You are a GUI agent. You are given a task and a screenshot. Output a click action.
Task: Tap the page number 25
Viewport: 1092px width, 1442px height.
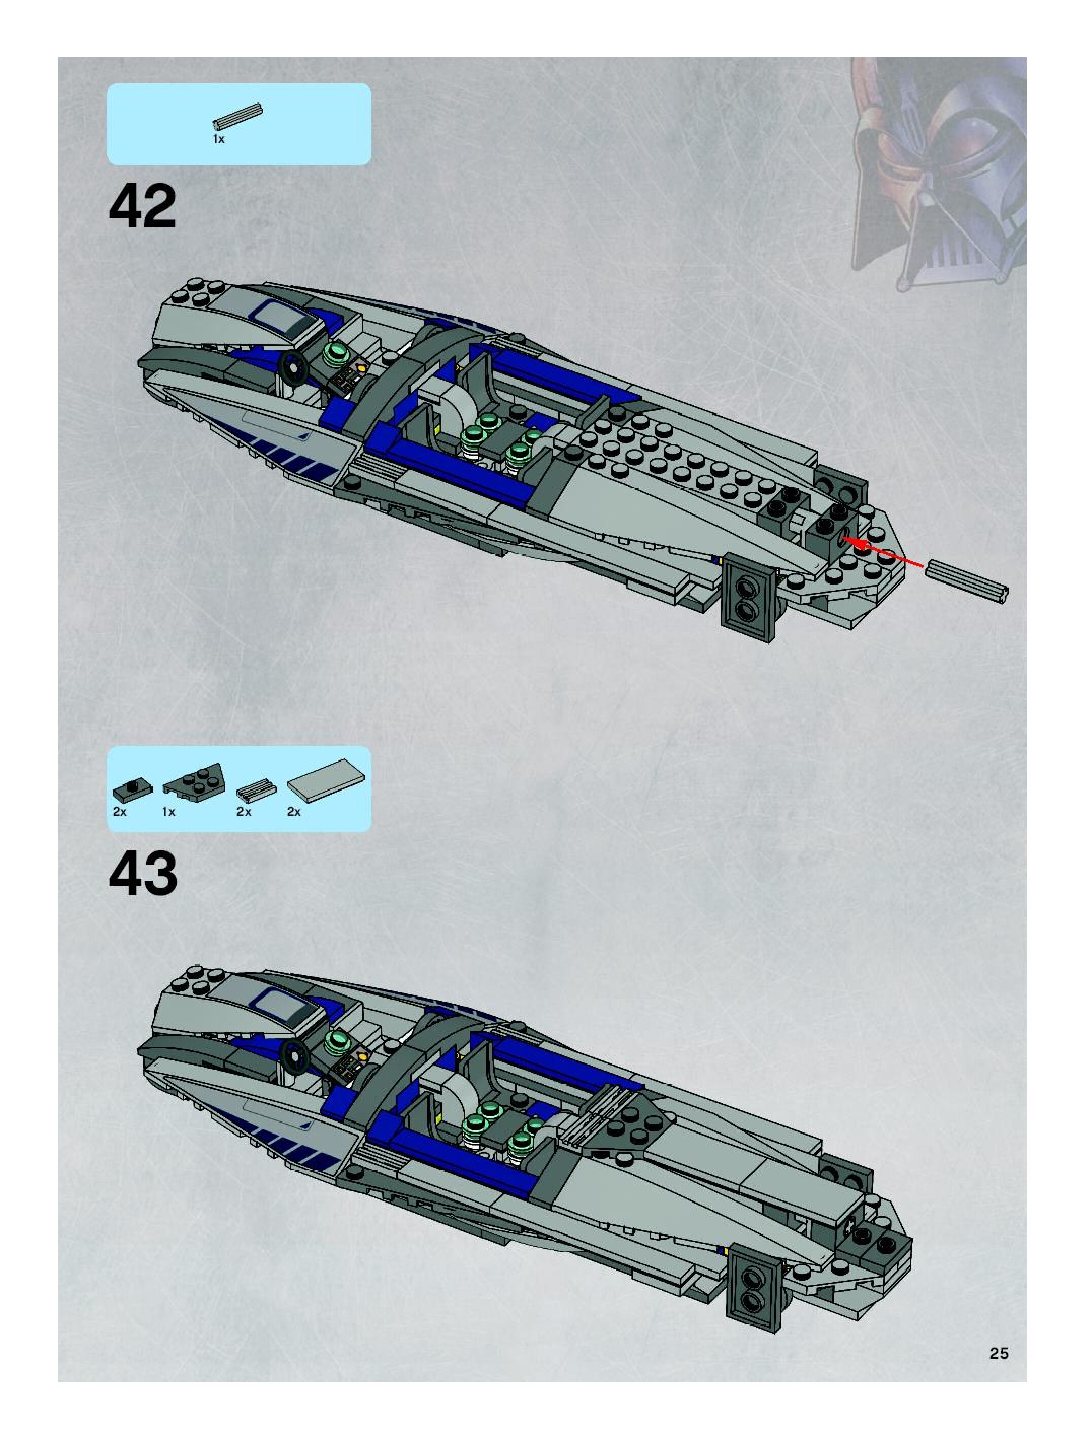[x=998, y=1353]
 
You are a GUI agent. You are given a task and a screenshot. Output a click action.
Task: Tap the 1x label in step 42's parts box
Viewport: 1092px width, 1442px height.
[x=219, y=140]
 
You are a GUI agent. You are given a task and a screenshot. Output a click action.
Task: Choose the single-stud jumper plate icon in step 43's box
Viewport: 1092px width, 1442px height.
[x=132, y=789]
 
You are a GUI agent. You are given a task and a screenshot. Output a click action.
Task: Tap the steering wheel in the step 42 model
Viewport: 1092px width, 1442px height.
[x=293, y=369]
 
